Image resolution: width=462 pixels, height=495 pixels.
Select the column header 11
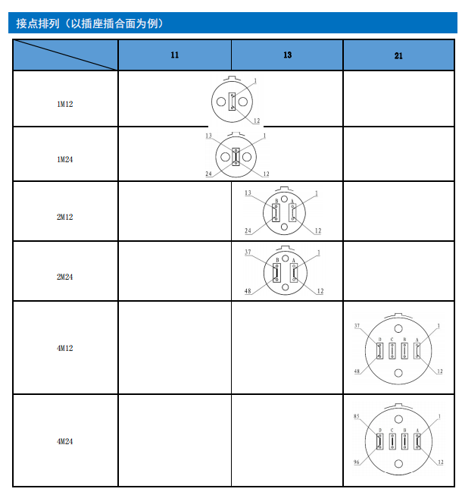coord(175,55)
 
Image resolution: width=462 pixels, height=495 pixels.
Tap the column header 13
coord(287,55)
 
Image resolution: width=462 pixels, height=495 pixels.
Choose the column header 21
coord(399,55)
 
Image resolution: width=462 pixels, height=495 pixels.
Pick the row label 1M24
coord(65,159)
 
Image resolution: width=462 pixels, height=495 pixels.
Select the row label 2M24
coord(65,277)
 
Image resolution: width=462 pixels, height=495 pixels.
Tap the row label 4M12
coord(65,348)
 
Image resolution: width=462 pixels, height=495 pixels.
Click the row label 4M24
coord(65,440)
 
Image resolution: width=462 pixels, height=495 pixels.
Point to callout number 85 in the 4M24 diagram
coord(356,417)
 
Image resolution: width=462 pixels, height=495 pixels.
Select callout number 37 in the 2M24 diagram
coord(247,252)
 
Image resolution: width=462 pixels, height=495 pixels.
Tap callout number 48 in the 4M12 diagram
coord(356,371)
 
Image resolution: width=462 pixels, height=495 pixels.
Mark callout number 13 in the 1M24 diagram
coord(208,136)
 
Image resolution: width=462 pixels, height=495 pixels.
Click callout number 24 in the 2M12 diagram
coord(247,230)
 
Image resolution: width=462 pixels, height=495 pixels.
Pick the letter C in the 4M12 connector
coord(392,339)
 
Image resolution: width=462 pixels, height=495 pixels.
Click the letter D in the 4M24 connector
coord(379,431)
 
